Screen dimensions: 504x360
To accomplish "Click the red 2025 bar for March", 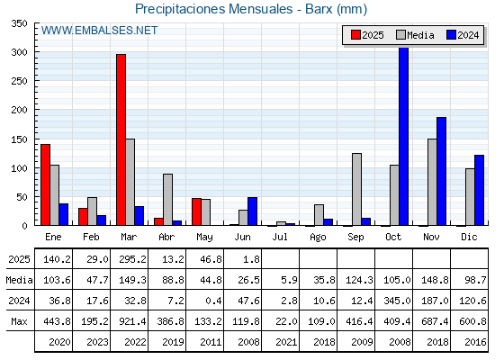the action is tap(121, 139).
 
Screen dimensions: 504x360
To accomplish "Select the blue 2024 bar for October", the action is tap(404, 136).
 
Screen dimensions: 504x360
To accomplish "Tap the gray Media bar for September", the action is tap(356, 189).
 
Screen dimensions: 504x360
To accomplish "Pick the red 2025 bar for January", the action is tap(46, 184).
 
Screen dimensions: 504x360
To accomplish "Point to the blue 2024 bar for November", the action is tap(441, 171).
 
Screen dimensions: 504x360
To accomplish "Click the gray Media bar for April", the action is tap(167, 200).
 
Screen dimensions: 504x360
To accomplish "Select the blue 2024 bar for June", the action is tap(252, 211).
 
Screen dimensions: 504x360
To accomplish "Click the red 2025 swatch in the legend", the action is tap(355, 35).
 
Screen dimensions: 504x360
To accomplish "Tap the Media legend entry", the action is tap(415, 35).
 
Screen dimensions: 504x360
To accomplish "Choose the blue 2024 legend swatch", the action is tap(451, 35).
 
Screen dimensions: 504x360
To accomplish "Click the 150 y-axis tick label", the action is tap(19, 139).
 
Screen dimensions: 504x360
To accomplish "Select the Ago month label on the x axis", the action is tap(318, 238).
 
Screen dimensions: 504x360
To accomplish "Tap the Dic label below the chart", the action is tap(469, 237).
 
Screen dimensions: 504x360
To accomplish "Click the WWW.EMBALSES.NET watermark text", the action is tap(99, 31).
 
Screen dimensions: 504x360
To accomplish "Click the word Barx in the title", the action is tap(319, 9).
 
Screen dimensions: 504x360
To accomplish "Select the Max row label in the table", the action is tap(19, 321).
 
